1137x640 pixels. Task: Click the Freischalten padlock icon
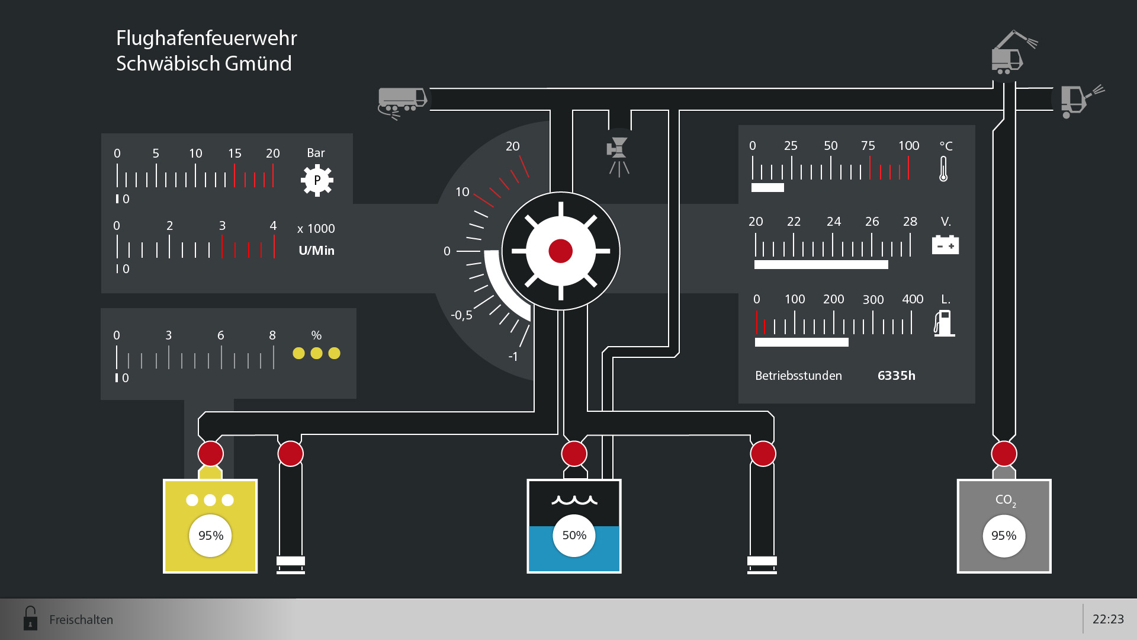[x=30, y=618]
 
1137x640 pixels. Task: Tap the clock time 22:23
[x=1107, y=619]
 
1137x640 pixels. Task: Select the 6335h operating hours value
[x=896, y=376]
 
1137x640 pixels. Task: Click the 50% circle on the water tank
[x=574, y=536]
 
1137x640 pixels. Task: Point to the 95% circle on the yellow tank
[x=210, y=536]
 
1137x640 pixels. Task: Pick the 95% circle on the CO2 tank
[x=1004, y=536]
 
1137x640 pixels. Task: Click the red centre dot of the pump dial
[x=560, y=251]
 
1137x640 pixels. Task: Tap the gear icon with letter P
[x=317, y=180]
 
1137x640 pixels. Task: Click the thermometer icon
[x=943, y=169]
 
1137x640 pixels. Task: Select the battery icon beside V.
[x=945, y=244]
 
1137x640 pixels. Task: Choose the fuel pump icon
[x=944, y=323]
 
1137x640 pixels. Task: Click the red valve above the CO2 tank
[x=1004, y=454]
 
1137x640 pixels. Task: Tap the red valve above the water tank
[x=574, y=454]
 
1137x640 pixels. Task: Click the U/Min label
[x=316, y=251]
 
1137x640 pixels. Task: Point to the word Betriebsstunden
[x=798, y=376]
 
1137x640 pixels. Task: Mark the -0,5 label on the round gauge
[x=461, y=315]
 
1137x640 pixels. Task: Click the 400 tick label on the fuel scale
[x=912, y=299]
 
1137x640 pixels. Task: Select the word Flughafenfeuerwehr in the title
[x=206, y=38]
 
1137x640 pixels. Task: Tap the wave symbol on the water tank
[x=574, y=500]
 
